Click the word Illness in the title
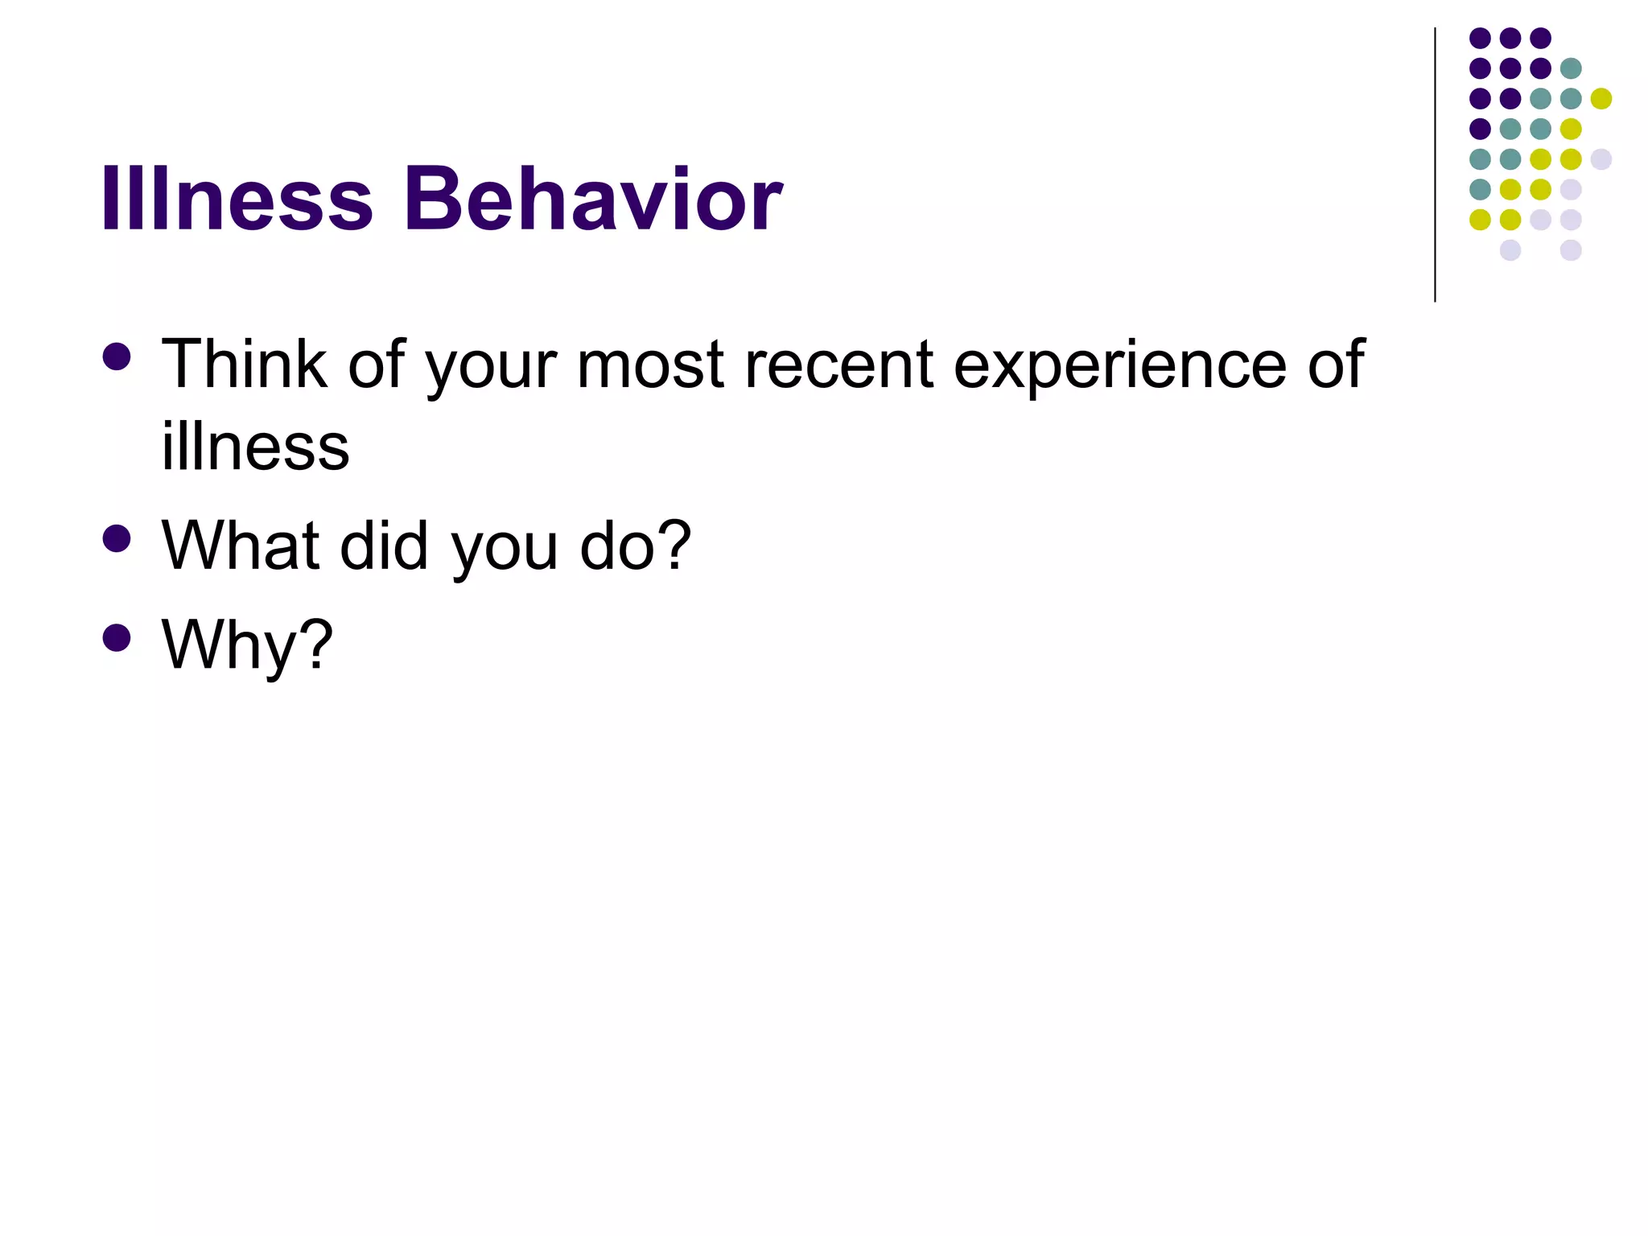237,199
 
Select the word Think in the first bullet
244,365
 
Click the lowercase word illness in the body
255,447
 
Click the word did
384,546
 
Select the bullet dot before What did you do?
117,538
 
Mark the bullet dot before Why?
117,637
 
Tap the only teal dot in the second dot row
1570,68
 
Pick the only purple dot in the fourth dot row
1480,129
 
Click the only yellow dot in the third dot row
1601,99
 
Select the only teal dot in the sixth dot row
1480,189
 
